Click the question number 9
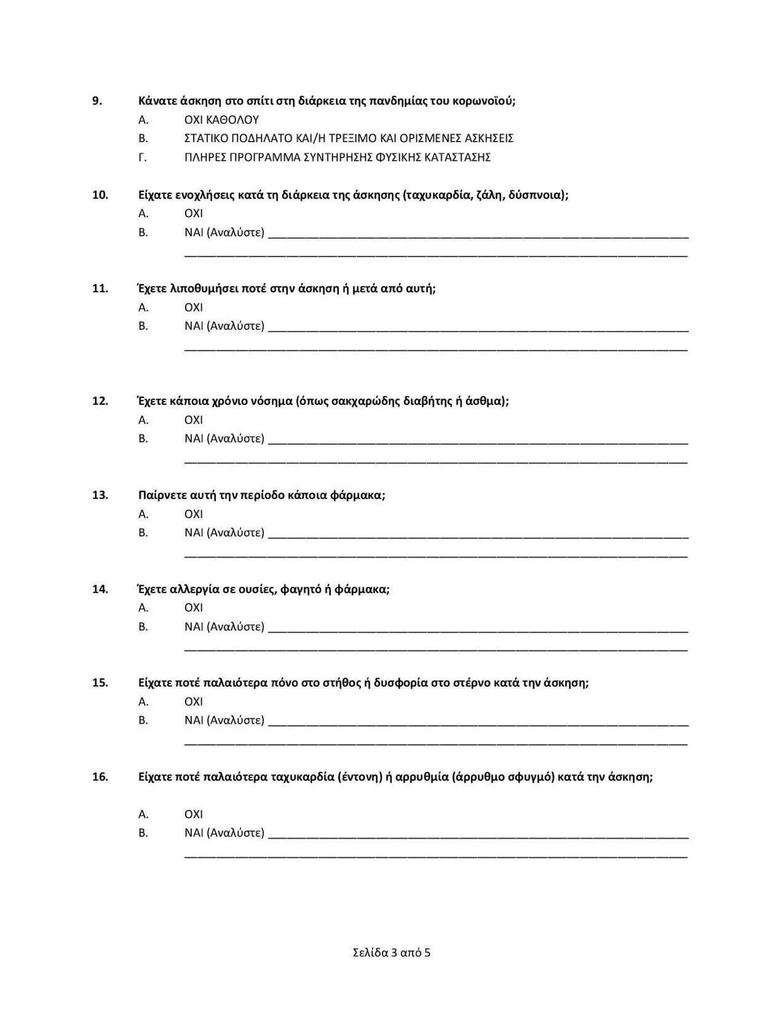point(97,101)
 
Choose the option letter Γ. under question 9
point(143,157)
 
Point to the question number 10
point(100,195)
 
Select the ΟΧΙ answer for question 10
point(193,213)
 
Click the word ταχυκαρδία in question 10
point(439,195)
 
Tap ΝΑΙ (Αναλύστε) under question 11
point(224,326)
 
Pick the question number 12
point(100,401)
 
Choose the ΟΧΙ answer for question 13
point(193,514)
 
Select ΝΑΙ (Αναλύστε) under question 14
point(224,627)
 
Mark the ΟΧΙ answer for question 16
point(193,814)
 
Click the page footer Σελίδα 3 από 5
point(391,952)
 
